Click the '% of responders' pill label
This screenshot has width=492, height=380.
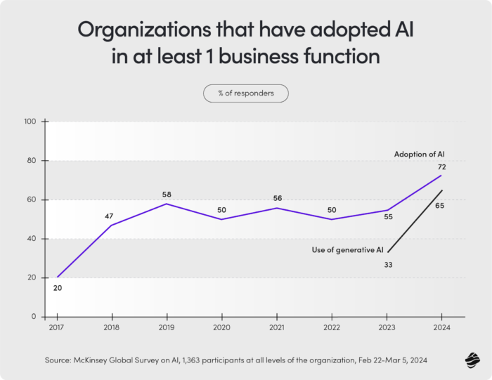coord(246,93)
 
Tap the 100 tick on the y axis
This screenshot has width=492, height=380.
coord(30,122)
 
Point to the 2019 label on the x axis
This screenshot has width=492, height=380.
coord(167,327)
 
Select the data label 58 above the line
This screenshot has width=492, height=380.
coord(167,194)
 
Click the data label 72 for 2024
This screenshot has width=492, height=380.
coord(441,166)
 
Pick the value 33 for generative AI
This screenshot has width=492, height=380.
coord(388,264)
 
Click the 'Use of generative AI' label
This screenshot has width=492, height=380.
coord(347,249)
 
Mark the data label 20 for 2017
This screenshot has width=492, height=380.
coord(58,288)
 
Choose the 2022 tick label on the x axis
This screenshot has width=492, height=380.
coord(332,327)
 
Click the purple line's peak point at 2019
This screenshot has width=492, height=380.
coord(167,204)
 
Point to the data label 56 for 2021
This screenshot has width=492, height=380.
coord(277,198)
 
